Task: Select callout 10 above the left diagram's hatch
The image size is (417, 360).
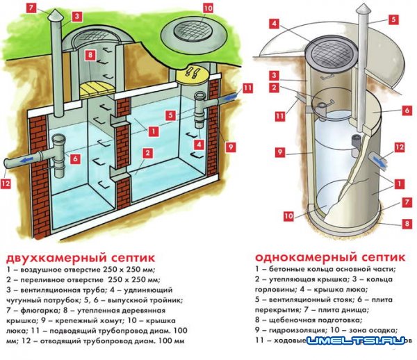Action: [208, 8]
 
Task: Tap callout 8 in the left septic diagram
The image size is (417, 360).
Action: [90, 54]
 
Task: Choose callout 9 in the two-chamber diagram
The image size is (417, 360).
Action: [229, 147]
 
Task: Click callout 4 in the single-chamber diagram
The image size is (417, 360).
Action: [276, 23]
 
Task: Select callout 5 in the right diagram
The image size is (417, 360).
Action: [393, 19]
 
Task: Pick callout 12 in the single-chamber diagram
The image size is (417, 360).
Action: [398, 147]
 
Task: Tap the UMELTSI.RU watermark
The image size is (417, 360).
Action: [361, 341]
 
